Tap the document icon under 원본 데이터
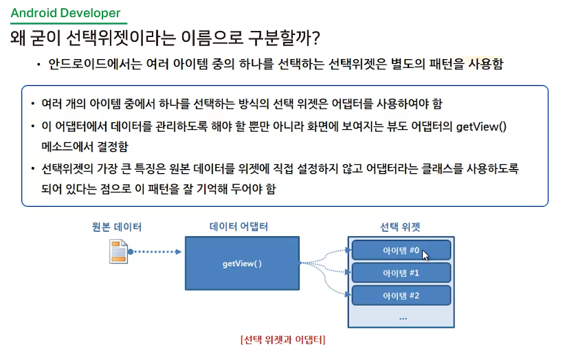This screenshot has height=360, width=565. pyautogui.click(x=120, y=251)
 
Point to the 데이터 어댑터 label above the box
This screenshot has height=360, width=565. pyautogui.click(x=239, y=226)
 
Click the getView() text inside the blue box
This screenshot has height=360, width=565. pyautogui.click(x=242, y=263)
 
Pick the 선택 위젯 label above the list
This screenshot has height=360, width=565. pyautogui.click(x=400, y=227)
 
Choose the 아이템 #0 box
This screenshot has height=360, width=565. pyautogui.click(x=401, y=250)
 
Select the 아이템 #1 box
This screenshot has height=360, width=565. pyautogui.click(x=401, y=273)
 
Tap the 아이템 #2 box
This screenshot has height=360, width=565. pyautogui.click(x=401, y=295)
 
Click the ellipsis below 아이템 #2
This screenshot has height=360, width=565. pyautogui.click(x=403, y=317)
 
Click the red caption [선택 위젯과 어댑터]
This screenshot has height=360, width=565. pyautogui.click(x=282, y=339)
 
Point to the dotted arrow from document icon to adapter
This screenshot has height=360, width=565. pyautogui.click(x=156, y=251)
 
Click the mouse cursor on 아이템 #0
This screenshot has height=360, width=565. pyautogui.click(x=425, y=255)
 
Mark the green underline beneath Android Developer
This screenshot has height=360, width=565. pyautogui.click(x=68, y=23)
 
